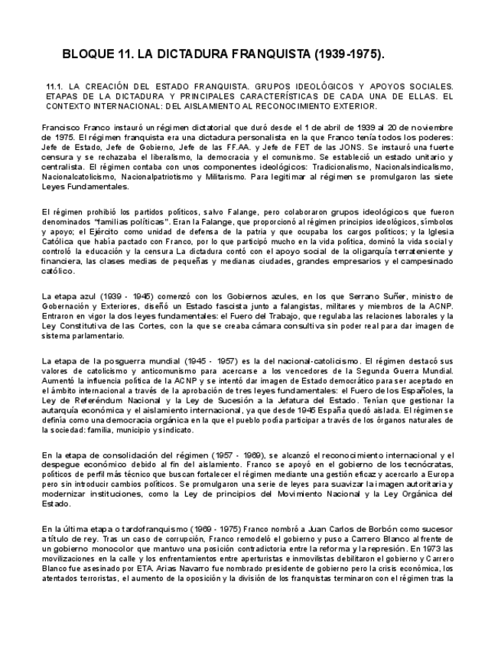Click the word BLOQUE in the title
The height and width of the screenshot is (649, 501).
tap(89, 55)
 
